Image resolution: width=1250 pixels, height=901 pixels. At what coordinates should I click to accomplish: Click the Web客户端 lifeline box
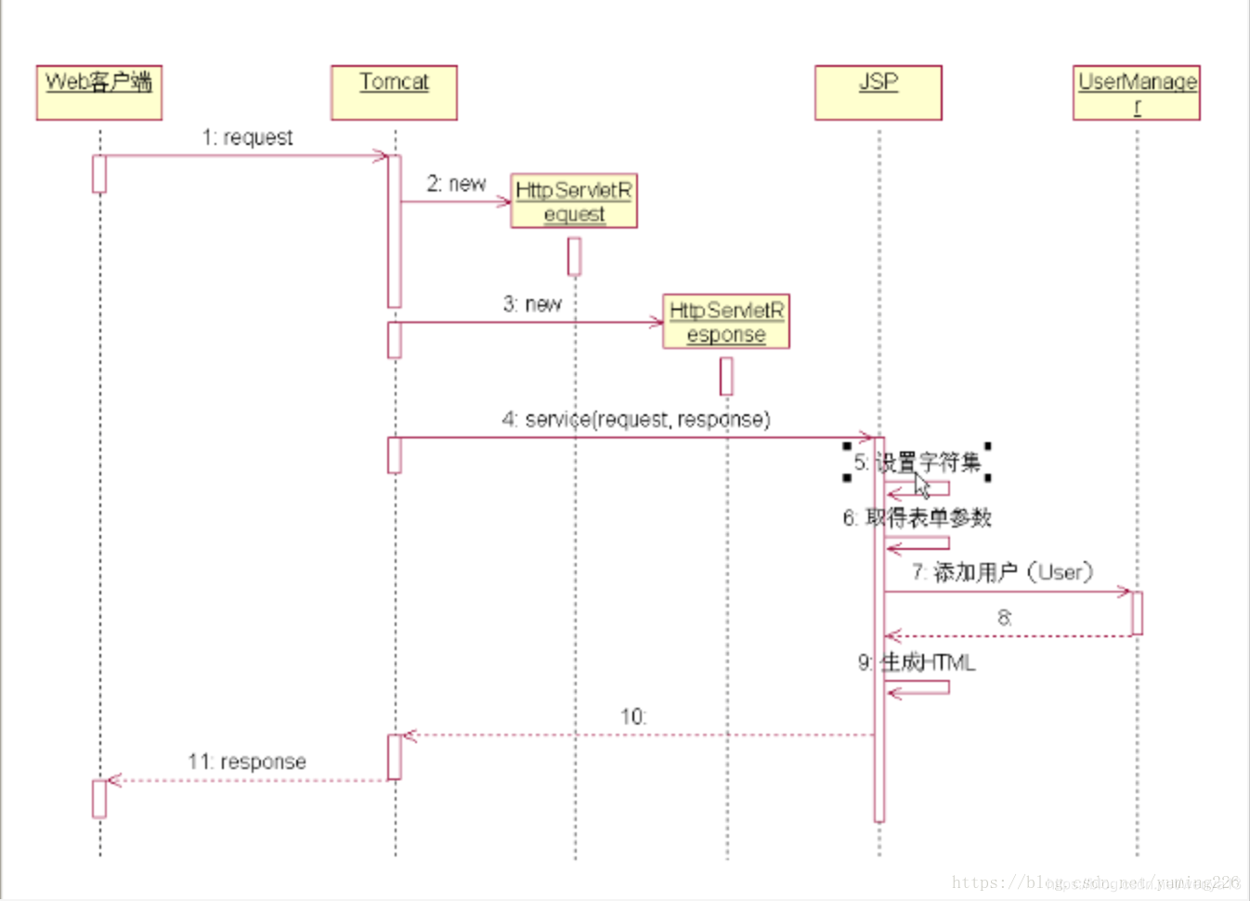click(x=99, y=92)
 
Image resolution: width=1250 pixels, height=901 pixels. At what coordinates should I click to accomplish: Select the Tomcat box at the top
click(x=394, y=92)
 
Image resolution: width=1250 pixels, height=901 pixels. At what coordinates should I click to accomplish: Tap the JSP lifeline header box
click(x=878, y=92)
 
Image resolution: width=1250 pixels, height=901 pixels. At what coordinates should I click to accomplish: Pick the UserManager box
click(x=1136, y=92)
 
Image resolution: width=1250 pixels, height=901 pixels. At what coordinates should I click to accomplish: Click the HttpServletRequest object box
click(x=574, y=201)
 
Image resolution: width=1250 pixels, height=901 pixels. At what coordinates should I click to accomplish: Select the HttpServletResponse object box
click(x=725, y=321)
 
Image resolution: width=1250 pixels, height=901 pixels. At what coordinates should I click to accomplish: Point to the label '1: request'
click(x=247, y=137)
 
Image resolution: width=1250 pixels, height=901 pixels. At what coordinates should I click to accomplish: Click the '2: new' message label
click(x=456, y=184)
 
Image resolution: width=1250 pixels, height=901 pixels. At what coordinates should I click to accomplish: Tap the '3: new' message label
click(x=532, y=304)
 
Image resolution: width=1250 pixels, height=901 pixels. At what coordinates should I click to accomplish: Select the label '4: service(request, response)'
click(x=636, y=420)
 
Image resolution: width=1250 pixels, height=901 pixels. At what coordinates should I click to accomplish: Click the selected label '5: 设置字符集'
click(x=917, y=462)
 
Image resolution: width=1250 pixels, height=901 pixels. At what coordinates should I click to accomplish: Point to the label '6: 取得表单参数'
click(x=917, y=517)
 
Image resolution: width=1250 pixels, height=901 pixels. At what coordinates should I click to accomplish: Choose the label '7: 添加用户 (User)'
click(x=1002, y=572)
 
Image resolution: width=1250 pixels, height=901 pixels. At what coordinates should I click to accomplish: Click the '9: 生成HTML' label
click(x=916, y=662)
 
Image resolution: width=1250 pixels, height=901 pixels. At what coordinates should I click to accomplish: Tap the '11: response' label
click(x=247, y=762)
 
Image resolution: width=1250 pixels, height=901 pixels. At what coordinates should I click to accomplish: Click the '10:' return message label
click(x=633, y=717)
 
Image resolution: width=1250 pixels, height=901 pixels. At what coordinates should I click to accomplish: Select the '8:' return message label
click(x=1004, y=618)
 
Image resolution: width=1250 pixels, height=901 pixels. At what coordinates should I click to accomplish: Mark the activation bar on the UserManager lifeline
click(x=1136, y=613)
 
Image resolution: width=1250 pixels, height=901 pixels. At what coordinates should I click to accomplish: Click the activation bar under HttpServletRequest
click(x=574, y=256)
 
